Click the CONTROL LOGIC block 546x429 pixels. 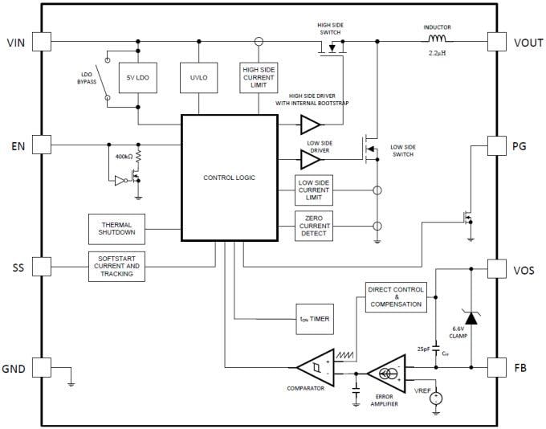coord(230,178)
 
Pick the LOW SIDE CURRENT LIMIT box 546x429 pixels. coord(314,190)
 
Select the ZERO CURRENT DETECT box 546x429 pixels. coord(314,226)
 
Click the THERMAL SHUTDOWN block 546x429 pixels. coord(117,230)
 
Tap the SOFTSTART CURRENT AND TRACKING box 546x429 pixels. coord(117,265)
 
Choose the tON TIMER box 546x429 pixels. coord(314,319)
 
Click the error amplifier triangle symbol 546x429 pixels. coord(389,374)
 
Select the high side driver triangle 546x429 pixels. coord(310,125)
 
